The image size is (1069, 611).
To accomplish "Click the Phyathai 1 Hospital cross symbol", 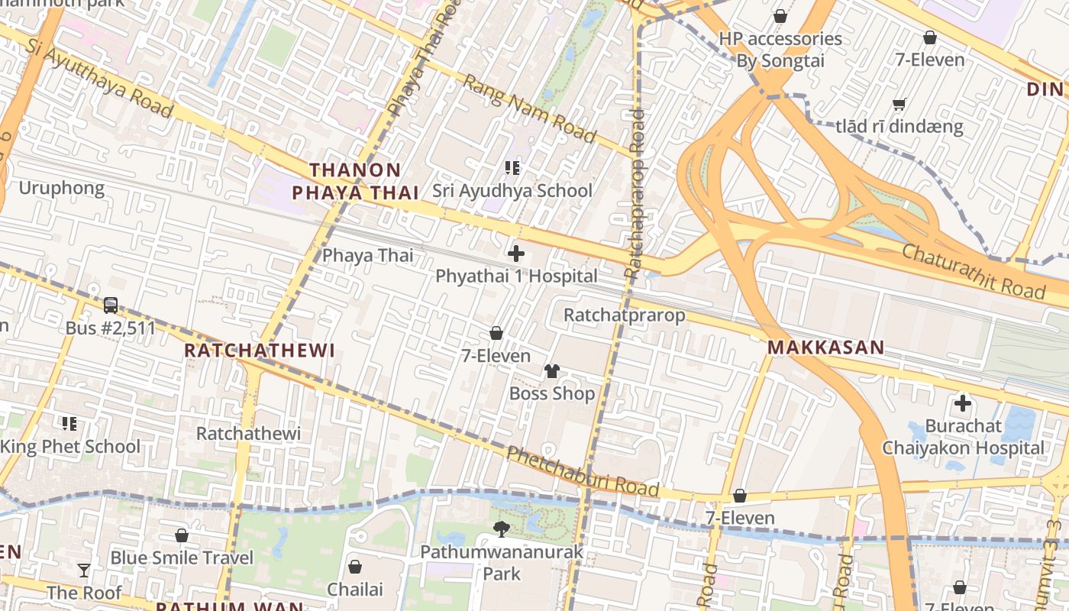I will pos(516,254).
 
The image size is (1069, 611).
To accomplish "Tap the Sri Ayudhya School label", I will pos(512,190).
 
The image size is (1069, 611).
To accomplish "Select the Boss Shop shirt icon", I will pos(552,371).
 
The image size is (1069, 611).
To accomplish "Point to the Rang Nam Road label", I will pos(529,109).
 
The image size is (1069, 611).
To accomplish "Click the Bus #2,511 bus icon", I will pos(111,305).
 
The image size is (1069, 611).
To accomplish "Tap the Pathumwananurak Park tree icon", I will pos(502,529).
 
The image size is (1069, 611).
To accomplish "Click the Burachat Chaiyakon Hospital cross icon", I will pos(963,402).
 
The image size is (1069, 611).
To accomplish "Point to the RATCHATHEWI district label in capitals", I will pos(260,351).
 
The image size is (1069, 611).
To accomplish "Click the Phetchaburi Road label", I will pos(583,471).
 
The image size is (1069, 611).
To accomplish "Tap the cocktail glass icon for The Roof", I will pos(84,570).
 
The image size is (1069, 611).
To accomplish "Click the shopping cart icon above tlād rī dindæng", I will pos(899,104).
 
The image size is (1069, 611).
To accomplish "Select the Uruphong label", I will pos(61,188).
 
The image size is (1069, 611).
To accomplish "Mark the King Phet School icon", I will pos(69,423).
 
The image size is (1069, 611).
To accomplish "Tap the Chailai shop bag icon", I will pos(354,567).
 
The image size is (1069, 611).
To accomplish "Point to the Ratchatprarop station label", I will pos(624,315).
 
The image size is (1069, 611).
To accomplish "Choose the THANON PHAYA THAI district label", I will pos(356,181).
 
